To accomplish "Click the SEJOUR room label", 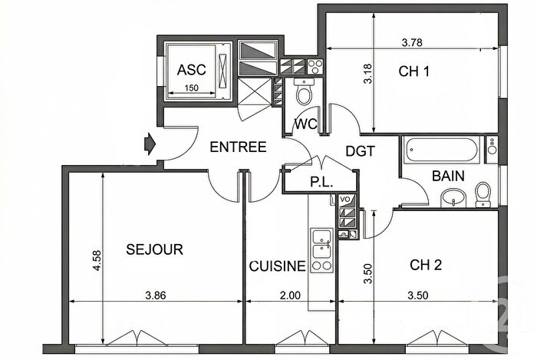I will click(154, 249).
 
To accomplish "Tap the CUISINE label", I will click(277, 266).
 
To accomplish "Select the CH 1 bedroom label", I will click(413, 71).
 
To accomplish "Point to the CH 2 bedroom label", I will click(426, 266).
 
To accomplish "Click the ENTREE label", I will click(238, 147).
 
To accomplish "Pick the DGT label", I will click(359, 151).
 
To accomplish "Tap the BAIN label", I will click(447, 176).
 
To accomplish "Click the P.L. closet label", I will click(320, 183).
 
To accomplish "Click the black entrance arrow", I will click(150, 142).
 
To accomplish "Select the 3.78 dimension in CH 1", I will click(415, 43).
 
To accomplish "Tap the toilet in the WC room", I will click(304, 94).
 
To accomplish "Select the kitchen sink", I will click(320, 243).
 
